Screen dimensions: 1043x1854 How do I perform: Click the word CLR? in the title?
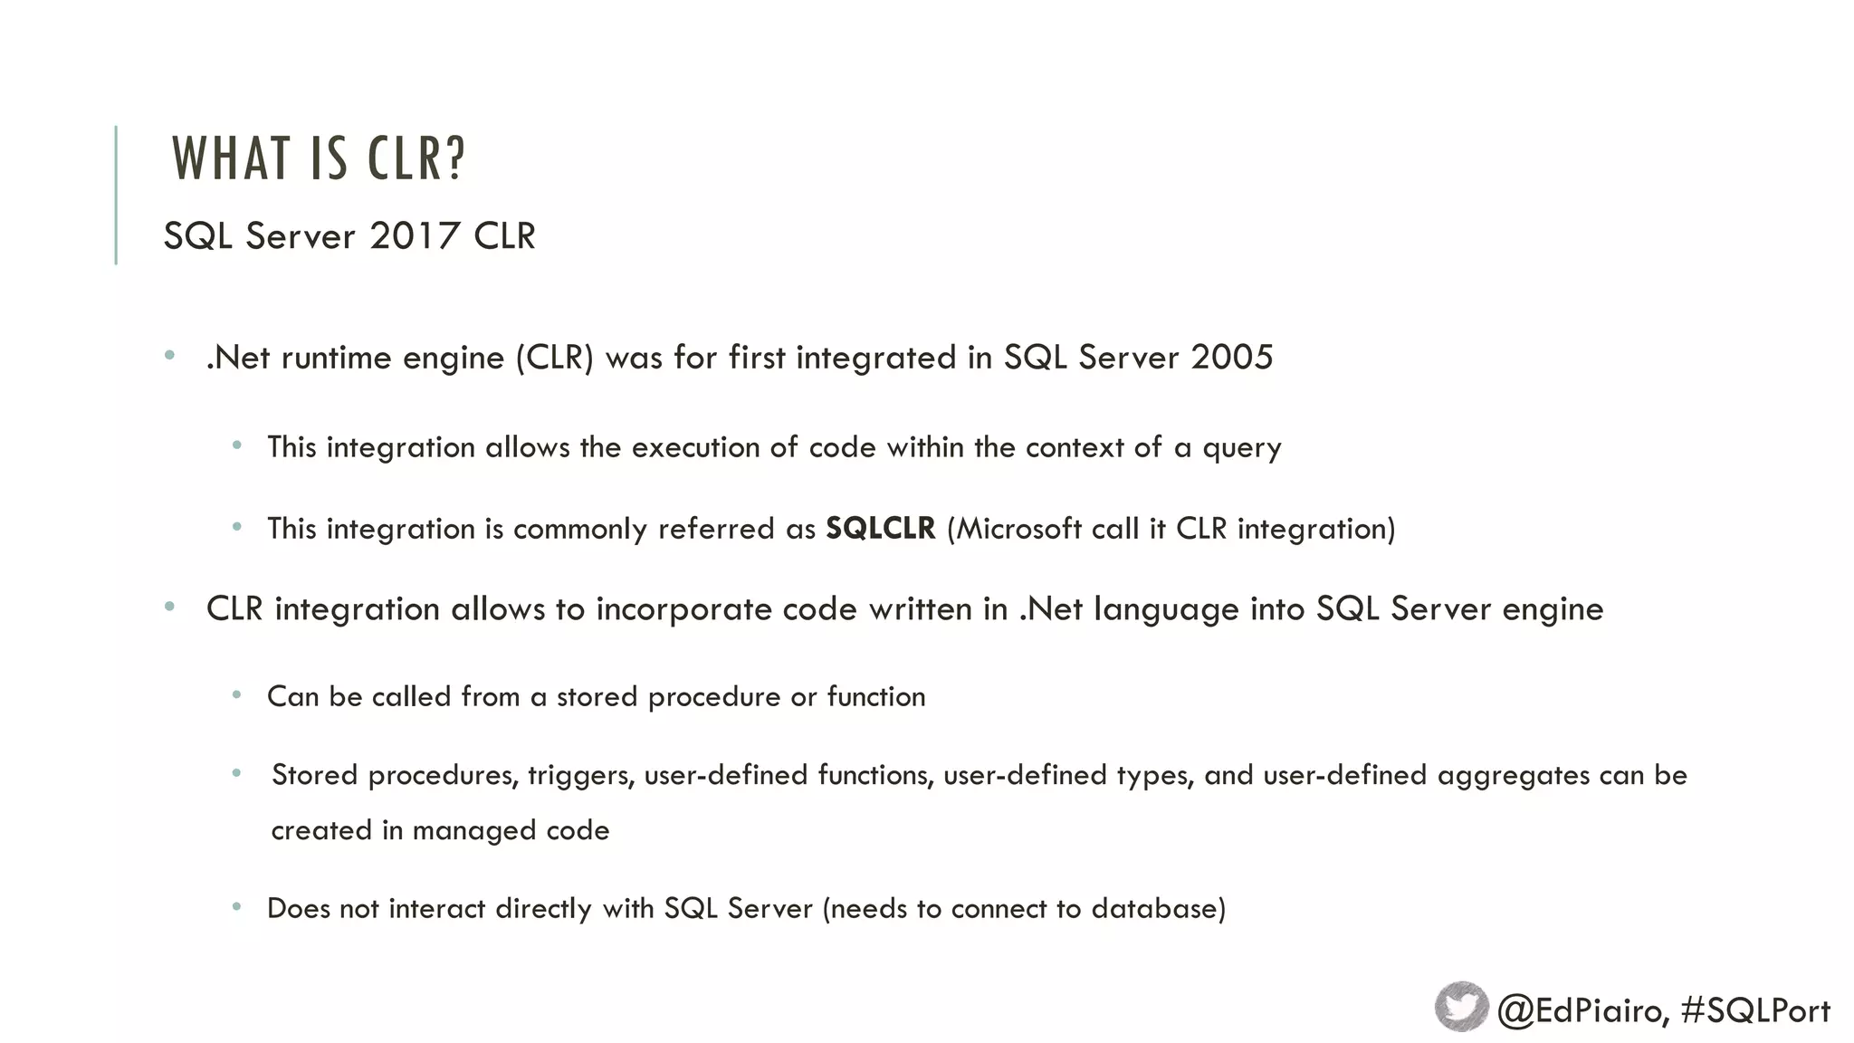click(416, 158)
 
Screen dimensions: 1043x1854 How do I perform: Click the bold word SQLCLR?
click(880, 529)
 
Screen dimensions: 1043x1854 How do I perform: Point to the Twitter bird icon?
click(1461, 1007)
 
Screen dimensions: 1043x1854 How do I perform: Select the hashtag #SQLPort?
click(1754, 1010)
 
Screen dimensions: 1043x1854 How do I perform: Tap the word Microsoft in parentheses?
click(1018, 529)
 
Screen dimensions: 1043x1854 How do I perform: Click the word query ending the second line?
click(1241, 448)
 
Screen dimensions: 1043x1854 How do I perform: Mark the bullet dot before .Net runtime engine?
click(169, 356)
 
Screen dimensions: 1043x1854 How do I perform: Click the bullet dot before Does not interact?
click(236, 906)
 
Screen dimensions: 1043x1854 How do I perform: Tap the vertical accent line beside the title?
click(116, 195)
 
